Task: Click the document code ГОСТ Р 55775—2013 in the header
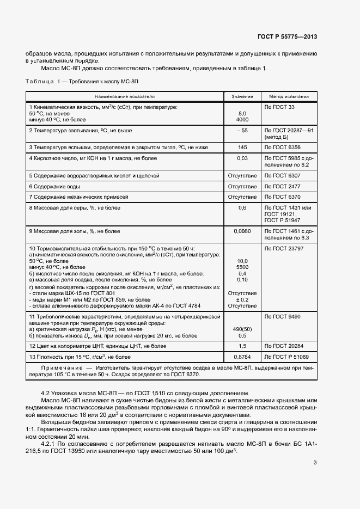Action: [287, 36]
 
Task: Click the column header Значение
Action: [242, 96]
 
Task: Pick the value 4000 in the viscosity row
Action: [242, 119]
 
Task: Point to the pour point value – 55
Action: [242, 131]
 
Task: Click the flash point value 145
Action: [242, 148]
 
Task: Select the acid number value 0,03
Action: [242, 158]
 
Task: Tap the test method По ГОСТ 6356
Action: [279, 148]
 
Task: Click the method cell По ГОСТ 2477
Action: [279, 186]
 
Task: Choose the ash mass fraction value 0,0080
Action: [242, 231]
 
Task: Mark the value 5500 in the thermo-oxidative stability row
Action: [242, 267]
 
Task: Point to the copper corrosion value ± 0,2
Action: [242, 299]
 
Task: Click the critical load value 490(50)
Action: [242, 329]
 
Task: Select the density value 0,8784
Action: [242, 357]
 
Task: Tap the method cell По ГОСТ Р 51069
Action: [286, 357]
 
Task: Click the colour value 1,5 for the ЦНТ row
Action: [242, 346]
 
